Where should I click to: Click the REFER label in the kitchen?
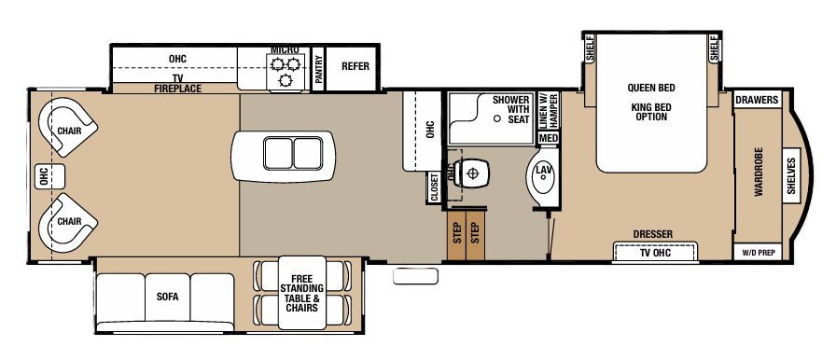355,66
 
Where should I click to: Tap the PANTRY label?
318,70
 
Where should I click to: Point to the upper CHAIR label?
68,132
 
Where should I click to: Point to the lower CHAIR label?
67,222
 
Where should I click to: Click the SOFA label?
167,298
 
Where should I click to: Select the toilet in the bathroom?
473,173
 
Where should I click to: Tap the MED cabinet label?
548,139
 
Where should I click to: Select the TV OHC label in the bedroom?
654,253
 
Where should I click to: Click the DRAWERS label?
757,101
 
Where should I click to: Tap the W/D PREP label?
758,253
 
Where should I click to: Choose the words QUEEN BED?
649,89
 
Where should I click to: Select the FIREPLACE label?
176,89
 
